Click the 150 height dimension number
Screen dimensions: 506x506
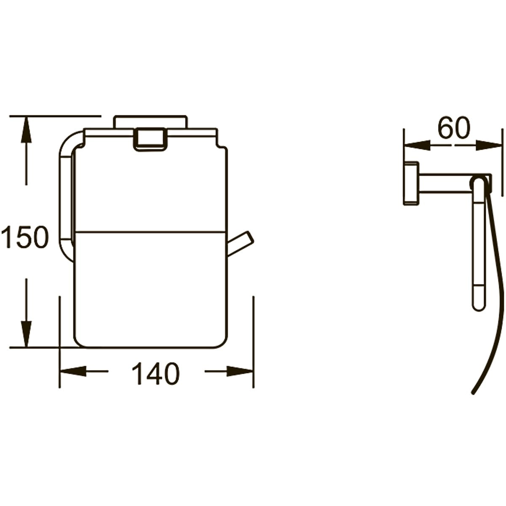[x=25, y=237]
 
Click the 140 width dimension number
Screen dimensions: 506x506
[x=156, y=374]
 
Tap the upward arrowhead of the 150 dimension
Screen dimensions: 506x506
[x=26, y=130]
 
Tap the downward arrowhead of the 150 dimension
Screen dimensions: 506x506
[x=26, y=334]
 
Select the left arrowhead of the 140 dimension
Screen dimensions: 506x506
[x=73, y=371]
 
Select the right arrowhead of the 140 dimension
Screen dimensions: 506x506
[x=240, y=371]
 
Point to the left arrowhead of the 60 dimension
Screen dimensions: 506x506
[x=417, y=145]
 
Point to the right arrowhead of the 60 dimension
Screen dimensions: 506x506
[x=488, y=145]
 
